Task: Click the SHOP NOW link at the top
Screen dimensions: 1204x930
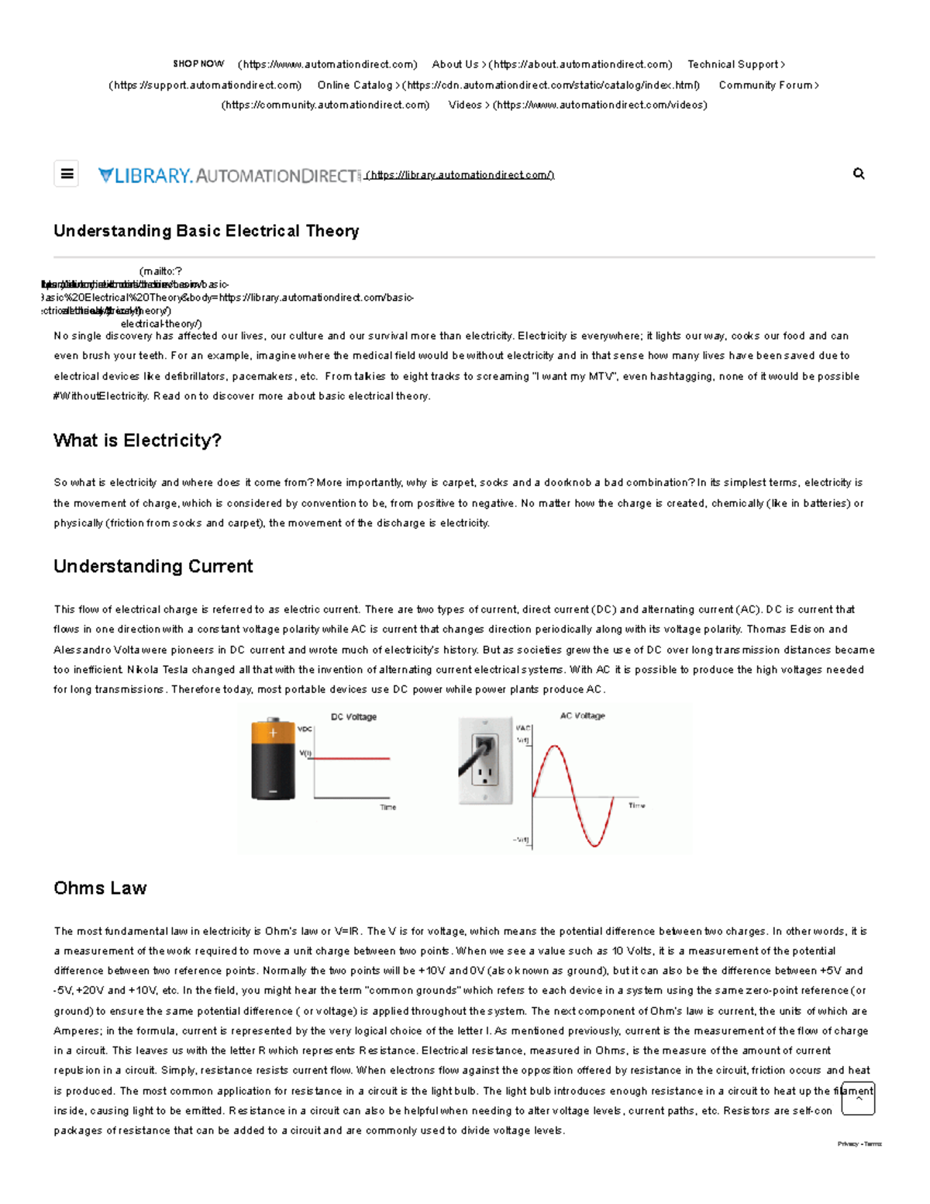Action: click(x=198, y=64)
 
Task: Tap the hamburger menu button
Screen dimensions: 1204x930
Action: click(x=67, y=174)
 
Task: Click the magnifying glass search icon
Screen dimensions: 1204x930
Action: click(x=859, y=174)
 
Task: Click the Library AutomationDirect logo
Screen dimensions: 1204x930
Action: click(x=229, y=176)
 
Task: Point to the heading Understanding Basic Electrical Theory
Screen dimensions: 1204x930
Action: click(x=206, y=231)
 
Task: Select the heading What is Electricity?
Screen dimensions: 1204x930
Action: click(x=137, y=440)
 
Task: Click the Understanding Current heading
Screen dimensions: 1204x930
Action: click(x=153, y=566)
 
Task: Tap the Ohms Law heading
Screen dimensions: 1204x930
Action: click(x=100, y=888)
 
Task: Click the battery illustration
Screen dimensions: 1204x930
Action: click(x=273, y=759)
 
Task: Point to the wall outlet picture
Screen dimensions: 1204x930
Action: click(x=485, y=761)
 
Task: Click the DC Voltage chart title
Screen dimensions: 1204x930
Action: click(x=353, y=717)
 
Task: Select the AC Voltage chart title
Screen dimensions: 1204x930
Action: click(x=582, y=716)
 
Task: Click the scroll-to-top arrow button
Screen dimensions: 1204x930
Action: click(x=858, y=1099)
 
